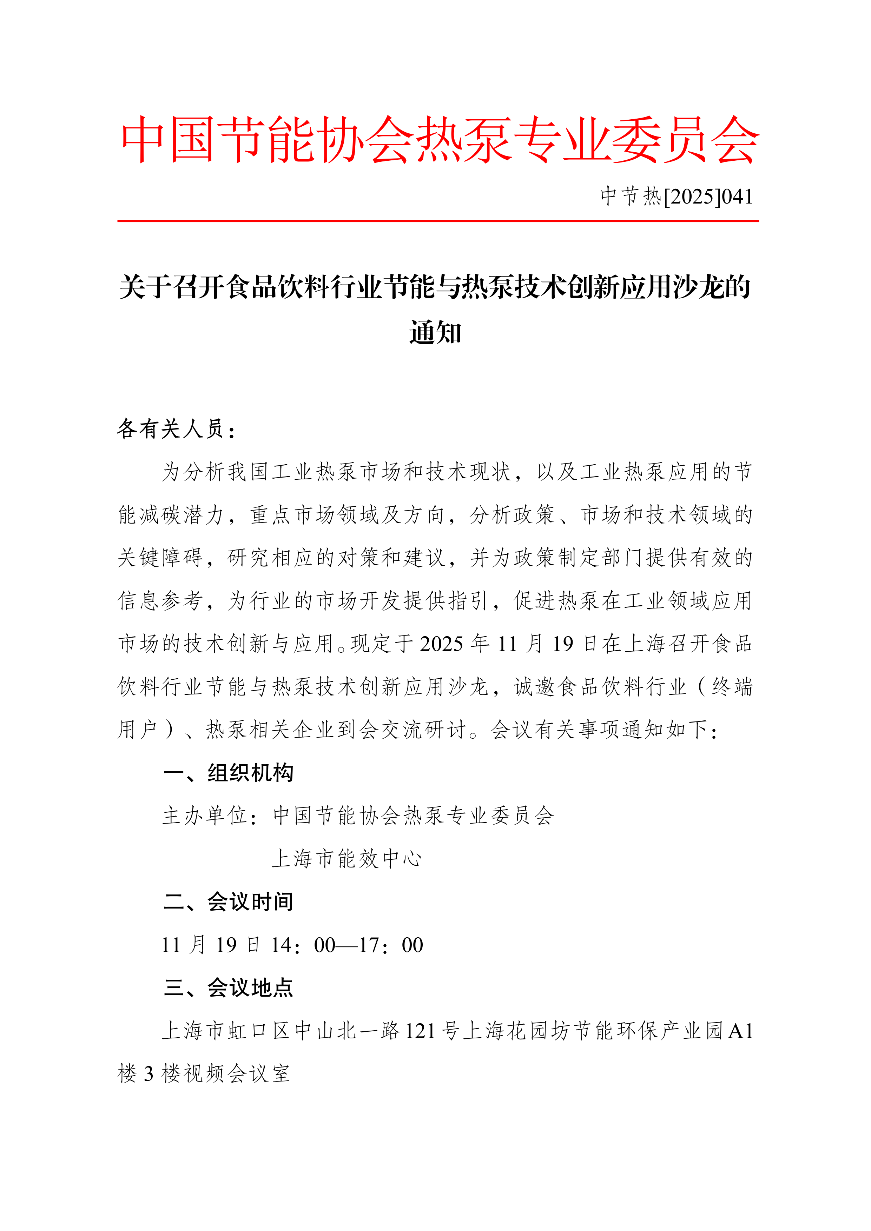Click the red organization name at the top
coord(439,140)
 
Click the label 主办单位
coord(205,816)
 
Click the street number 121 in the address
coord(420,1031)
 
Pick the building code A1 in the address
coord(741,1031)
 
